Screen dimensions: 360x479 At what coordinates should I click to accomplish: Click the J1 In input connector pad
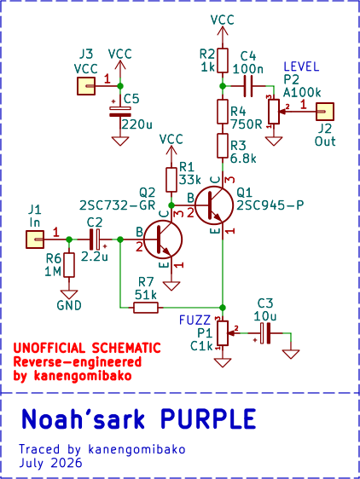point(35,239)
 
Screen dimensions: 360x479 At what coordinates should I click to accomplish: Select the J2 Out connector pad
point(325,111)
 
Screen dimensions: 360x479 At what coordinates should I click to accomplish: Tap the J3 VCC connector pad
point(86,86)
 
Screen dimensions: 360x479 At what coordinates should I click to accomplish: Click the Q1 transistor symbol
point(213,205)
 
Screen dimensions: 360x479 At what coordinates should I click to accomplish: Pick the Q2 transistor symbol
point(163,239)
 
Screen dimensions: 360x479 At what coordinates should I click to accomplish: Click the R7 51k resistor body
point(146,308)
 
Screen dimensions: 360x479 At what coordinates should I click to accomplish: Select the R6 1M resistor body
point(69,265)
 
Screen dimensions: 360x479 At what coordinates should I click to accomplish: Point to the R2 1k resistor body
point(223,61)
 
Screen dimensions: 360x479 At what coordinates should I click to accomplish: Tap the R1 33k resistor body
point(171,180)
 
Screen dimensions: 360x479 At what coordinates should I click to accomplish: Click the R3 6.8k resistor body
point(223,146)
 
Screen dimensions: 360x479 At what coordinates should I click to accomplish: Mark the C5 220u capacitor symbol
point(120,112)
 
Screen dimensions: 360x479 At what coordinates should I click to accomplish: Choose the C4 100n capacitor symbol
point(248,86)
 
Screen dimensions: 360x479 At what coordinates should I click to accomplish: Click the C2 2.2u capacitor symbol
point(95,239)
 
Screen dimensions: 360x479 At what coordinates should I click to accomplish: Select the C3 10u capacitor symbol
point(264,333)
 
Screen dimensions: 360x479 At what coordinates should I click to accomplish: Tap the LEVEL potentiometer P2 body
point(274,111)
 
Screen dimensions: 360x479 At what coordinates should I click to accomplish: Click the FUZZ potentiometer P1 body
point(223,333)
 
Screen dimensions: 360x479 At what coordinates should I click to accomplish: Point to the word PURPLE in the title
point(208,418)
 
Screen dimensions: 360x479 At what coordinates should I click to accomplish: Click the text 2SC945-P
point(270,205)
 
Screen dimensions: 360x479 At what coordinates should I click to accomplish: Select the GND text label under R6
point(69,305)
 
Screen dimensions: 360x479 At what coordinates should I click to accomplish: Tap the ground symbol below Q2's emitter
point(171,286)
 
